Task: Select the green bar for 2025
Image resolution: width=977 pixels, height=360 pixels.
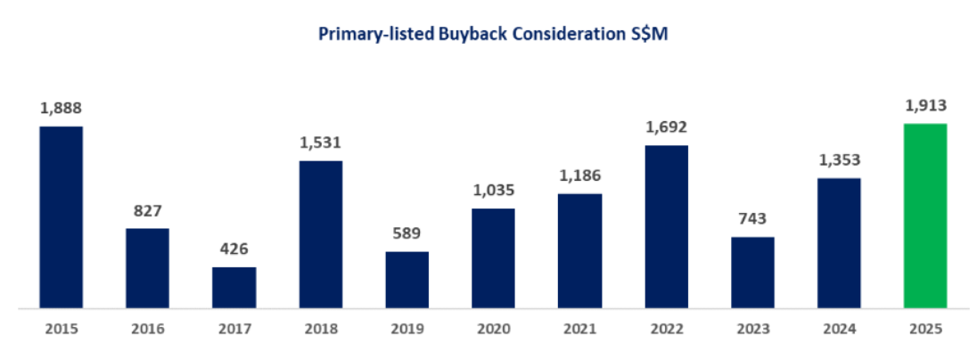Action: pyautogui.click(x=925, y=216)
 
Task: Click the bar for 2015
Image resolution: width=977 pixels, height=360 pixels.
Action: pyautogui.click(x=61, y=217)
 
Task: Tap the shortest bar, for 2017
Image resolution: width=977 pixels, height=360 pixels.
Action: pyautogui.click(x=234, y=287)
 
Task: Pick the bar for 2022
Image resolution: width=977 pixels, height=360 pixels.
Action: pyautogui.click(x=666, y=226)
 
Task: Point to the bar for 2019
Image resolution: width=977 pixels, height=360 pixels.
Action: pyautogui.click(x=406, y=280)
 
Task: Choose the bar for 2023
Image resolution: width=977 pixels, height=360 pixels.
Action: pyautogui.click(x=752, y=273)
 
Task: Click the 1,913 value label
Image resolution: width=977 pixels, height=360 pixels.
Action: pyautogui.click(x=925, y=106)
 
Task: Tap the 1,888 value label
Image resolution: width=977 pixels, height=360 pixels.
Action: pyautogui.click(x=61, y=109)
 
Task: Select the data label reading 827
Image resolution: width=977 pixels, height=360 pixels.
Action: pyautogui.click(x=147, y=211)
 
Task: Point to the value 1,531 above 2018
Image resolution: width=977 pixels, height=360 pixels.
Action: pyautogui.click(x=320, y=143)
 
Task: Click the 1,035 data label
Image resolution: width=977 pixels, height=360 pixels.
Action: pyautogui.click(x=493, y=191)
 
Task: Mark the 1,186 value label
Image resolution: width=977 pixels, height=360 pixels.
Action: pyautogui.click(x=579, y=176)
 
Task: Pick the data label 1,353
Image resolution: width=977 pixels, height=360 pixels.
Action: pyautogui.click(x=839, y=160)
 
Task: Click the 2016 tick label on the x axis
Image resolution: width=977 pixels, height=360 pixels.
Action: pyautogui.click(x=147, y=329)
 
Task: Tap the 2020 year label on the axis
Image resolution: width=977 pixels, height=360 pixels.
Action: pyautogui.click(x=493, y=329)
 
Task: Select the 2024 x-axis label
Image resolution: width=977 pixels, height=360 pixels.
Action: pyautogui.click(x=839, y=329)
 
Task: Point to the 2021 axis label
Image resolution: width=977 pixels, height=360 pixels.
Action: pyautogui.click(x=579, y=329)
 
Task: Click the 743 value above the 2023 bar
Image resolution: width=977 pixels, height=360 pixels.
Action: pyautogui.click(x=752, y=219)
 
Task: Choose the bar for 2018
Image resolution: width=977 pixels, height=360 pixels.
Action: pyautogui.click(x=320, y=234)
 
